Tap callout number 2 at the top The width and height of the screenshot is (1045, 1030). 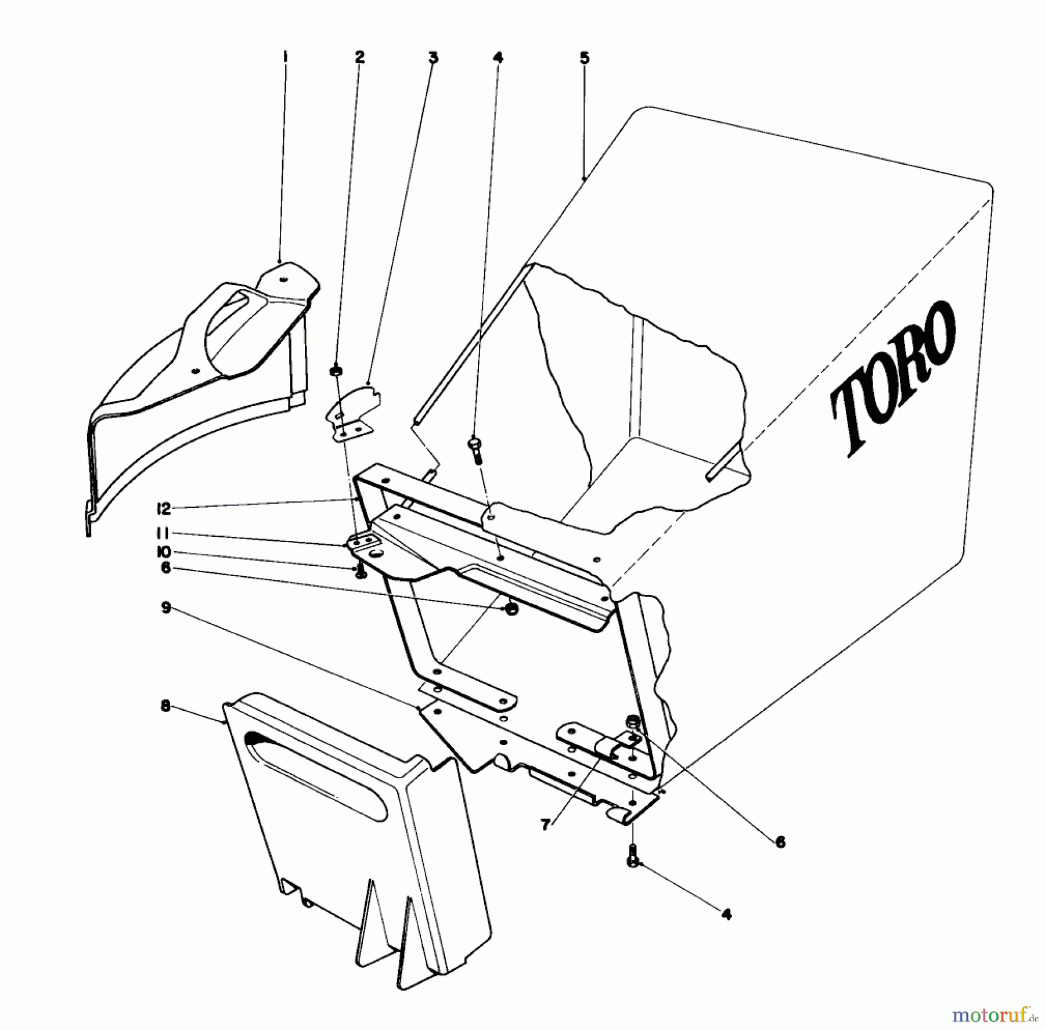click(x=359, y=56)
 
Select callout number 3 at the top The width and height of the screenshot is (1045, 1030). click(x=433, y=57)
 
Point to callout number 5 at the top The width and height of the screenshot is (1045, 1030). click(x=584, y=57)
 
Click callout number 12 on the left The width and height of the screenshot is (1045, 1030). click(x=164, y=509)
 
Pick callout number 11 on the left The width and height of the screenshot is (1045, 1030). click(x=165, y=533)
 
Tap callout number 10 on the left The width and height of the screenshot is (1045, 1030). click(x=165, y=551)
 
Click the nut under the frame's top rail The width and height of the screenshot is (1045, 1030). click(x=511, y=609)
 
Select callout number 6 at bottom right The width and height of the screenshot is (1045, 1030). click(x=780, y=842)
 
